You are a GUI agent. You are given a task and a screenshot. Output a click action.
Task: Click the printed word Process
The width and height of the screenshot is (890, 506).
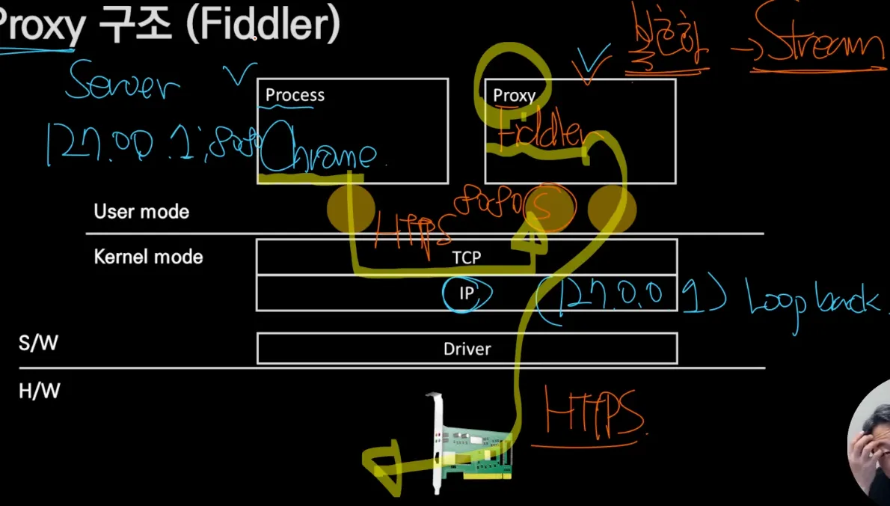coord(295,96)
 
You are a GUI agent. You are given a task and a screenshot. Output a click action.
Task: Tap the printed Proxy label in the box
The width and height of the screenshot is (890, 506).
coord(514,96)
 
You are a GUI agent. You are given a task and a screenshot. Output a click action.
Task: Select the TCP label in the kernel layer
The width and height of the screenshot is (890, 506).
coord(466,257)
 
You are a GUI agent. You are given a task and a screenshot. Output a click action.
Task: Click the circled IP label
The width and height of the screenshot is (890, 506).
coord(466,293)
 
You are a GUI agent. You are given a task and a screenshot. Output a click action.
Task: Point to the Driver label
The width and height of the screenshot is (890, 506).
coord(467,349)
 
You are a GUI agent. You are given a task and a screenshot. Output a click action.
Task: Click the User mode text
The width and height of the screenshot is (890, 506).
coord(141,212)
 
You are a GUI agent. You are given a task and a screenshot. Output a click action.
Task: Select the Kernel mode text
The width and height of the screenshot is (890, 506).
coord(148,257)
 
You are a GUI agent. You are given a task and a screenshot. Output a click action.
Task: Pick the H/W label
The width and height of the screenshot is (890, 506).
coord(39,391)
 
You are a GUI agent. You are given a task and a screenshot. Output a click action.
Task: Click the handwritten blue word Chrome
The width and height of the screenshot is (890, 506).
coord(318,155)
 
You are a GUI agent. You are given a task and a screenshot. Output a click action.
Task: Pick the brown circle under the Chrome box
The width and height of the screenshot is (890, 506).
coord(350,209)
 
